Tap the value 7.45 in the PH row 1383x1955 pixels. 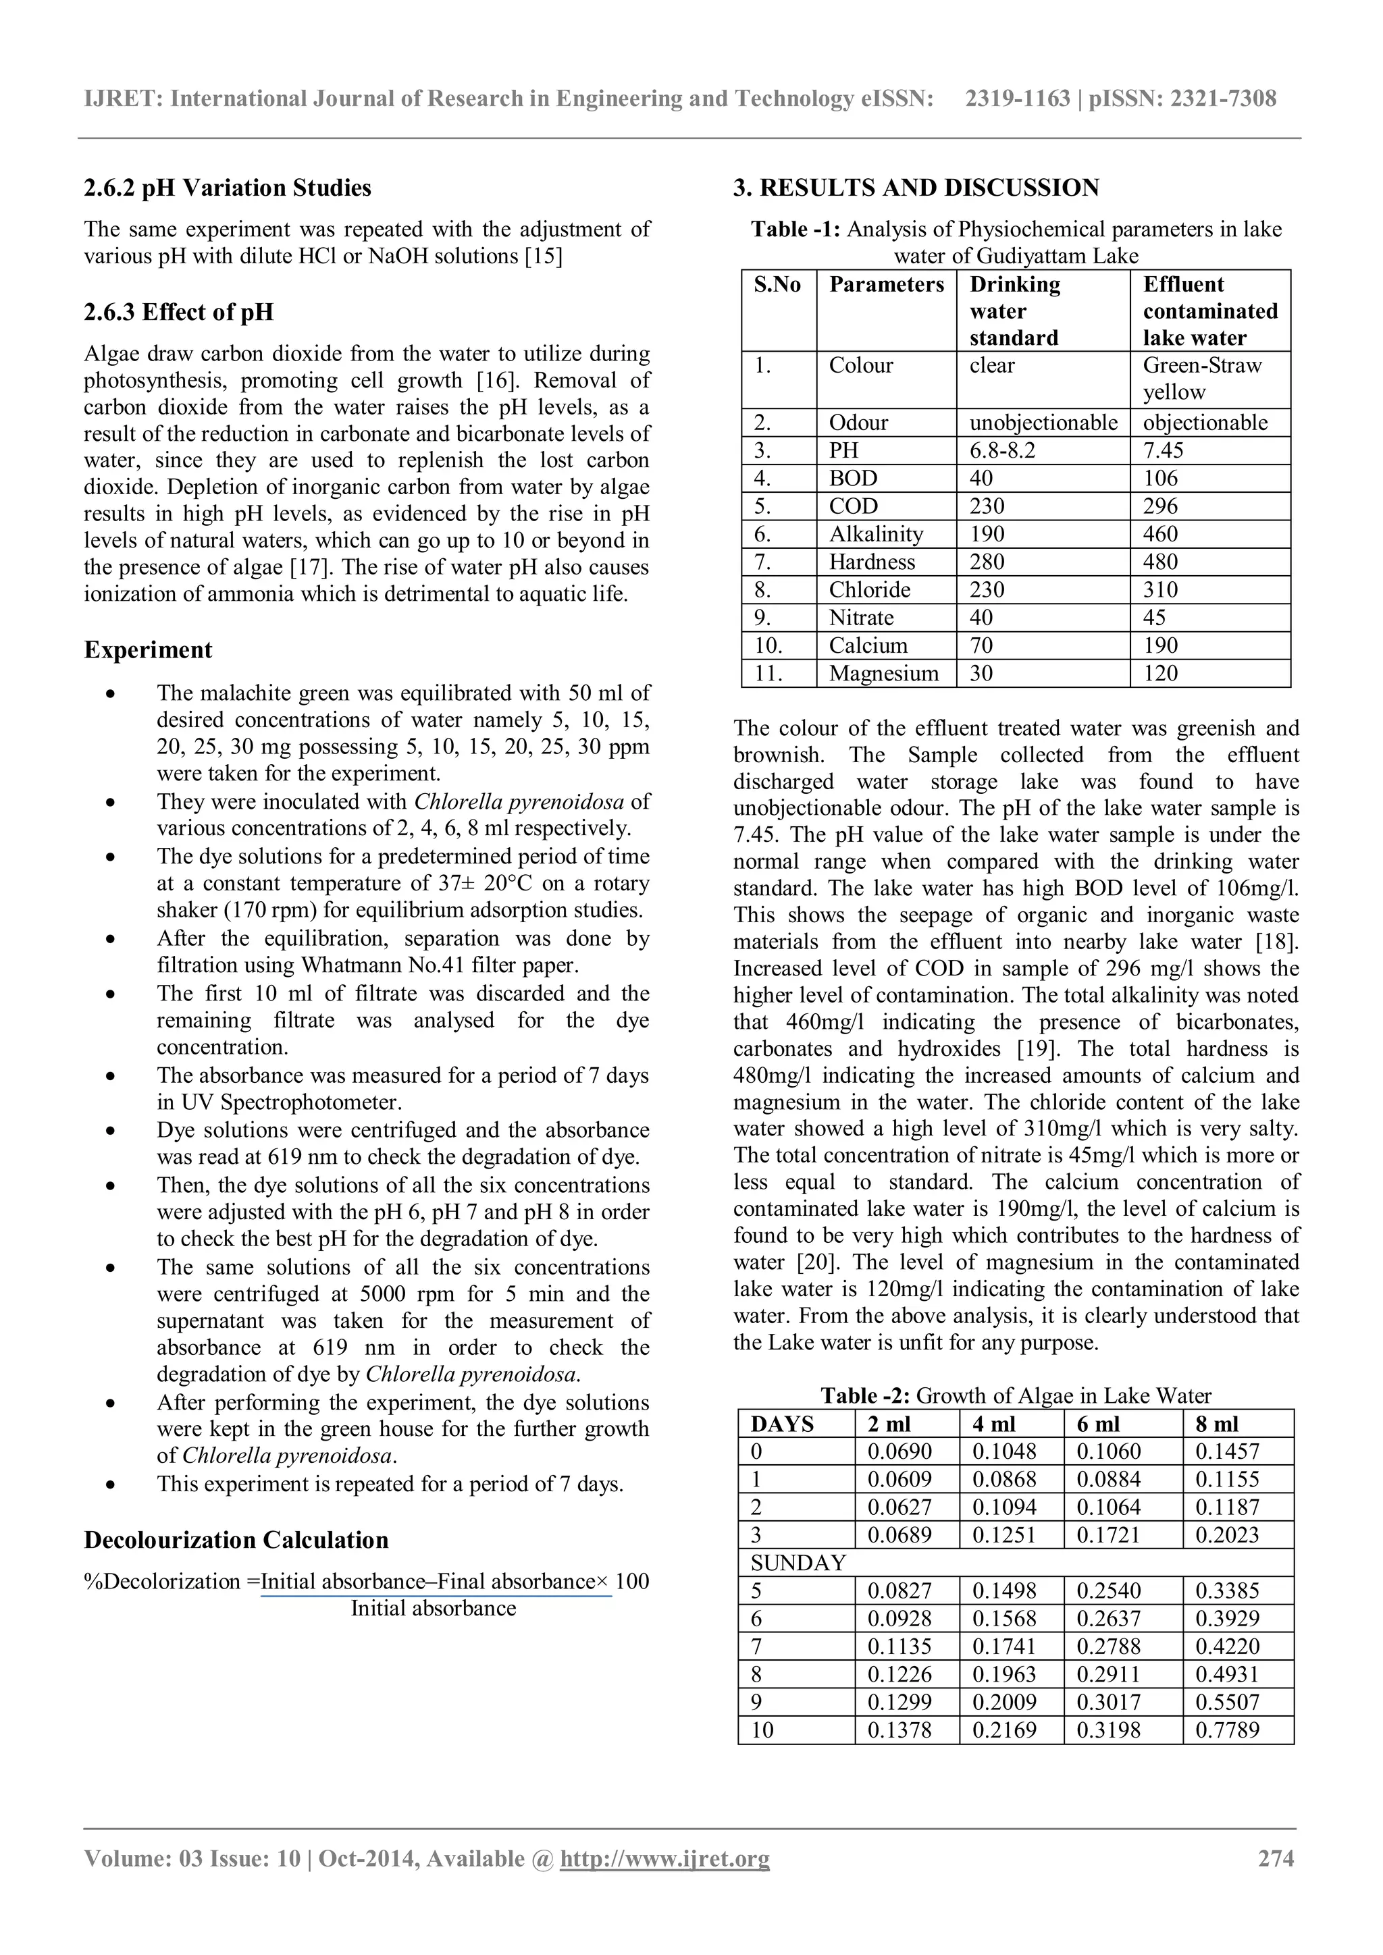point(1164,450)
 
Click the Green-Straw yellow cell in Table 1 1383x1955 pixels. point(1201,379)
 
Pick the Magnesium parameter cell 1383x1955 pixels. point(884,674)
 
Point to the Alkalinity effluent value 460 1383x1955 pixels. point(1161,534)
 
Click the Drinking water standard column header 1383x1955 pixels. point(1014,311)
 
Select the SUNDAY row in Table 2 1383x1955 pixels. point(798,1563)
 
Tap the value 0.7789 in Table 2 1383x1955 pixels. point(1227,1730)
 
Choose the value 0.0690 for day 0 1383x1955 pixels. point(899,1452)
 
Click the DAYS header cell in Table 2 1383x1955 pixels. point(783,1424)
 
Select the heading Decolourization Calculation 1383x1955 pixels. point(236,1541)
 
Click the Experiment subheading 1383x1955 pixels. point(148,649)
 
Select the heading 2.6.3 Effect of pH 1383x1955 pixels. point(179,312)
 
